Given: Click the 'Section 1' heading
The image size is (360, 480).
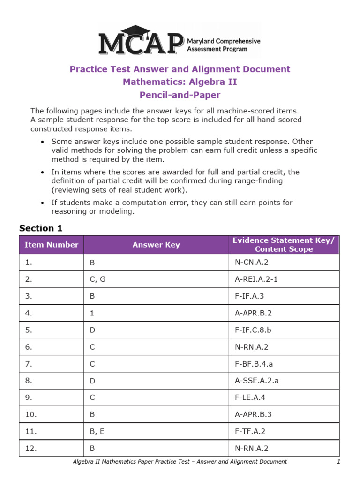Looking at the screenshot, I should pos(41,228).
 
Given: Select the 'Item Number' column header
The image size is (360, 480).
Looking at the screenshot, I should pos(52,245).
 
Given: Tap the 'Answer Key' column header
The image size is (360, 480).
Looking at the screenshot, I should pos(156,245).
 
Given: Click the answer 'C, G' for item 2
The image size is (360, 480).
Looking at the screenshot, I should pos(97,279).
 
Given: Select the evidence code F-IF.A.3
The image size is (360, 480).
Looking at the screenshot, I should pos(251,296).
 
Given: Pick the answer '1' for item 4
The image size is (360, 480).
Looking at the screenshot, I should pos(92,313).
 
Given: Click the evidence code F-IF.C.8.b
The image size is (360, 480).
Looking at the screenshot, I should pos(253,330).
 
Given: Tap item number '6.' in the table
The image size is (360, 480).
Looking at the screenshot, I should pos(29,347).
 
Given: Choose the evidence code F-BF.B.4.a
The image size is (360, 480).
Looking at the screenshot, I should pos(255,364).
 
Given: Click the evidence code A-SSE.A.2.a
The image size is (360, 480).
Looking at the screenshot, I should pos(257,381).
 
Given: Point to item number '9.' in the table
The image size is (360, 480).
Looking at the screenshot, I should pos(29,397).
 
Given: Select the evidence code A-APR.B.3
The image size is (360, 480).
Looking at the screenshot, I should pos(255,414).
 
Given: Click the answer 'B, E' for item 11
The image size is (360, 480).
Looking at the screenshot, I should pos(97,431).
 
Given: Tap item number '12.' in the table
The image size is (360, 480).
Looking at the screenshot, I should pos(31,448).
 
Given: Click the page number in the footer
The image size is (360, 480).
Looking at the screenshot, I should pos(338,462).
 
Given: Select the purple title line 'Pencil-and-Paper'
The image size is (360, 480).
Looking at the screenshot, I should pos(180,95).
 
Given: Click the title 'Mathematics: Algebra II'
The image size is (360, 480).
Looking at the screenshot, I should pos(180,82).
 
